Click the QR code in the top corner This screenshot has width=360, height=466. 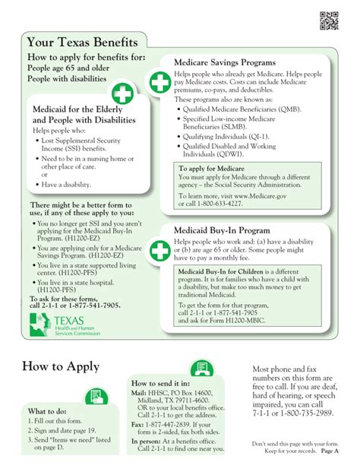tap(328, 21)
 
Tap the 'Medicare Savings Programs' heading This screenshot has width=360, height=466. tap(225, 62)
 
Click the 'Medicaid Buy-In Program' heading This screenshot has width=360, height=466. tap(221, 229)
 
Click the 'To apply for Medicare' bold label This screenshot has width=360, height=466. tap(207, 168)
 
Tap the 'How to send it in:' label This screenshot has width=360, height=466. tap(160, 383)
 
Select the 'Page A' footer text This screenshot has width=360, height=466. tap(330, 451)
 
